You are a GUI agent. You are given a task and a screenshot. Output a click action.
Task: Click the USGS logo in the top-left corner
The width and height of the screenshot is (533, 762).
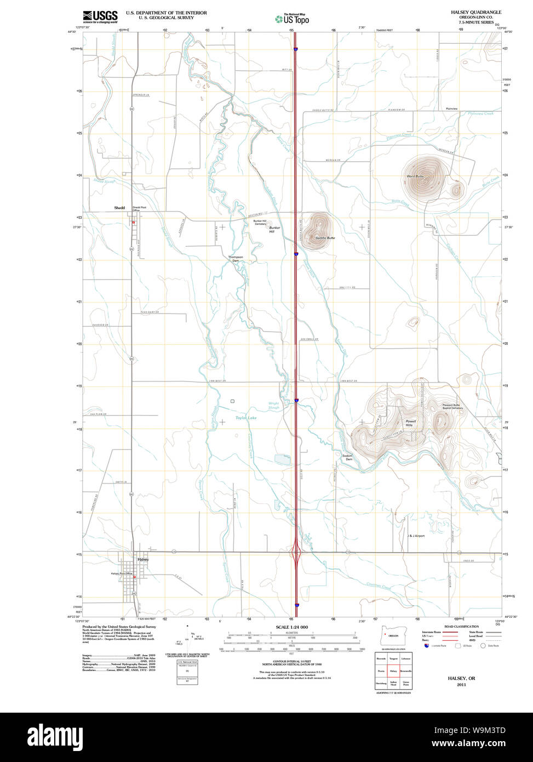coord(100,16)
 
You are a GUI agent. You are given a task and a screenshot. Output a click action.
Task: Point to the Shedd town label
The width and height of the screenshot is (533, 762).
coord(119,208)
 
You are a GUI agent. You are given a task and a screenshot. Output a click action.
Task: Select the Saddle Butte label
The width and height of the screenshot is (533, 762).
coord(325,238)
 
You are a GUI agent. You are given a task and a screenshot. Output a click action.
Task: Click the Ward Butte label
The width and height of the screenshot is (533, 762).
coord(415,176)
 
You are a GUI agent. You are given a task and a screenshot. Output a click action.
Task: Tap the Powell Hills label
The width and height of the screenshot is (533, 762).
coord(411,423)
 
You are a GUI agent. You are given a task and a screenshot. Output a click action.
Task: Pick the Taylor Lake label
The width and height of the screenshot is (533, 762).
coord(246,418)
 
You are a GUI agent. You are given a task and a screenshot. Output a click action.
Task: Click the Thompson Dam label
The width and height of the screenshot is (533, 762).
coord(236,259)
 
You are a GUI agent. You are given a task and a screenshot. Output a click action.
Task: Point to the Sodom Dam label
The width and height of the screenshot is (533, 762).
coord(347,457)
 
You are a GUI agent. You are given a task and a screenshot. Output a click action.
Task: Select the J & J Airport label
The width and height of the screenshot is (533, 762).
coord(416,536)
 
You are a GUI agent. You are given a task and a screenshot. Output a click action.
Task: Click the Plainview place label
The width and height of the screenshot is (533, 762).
coord(451,109)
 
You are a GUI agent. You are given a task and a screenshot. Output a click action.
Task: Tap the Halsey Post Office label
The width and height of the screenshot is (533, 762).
coord(122,573)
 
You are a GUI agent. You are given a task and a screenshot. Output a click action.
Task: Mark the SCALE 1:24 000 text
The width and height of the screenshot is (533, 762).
coord(291,627)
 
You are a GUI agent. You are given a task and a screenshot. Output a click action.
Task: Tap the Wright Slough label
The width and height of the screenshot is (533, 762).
coord(274,406)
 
